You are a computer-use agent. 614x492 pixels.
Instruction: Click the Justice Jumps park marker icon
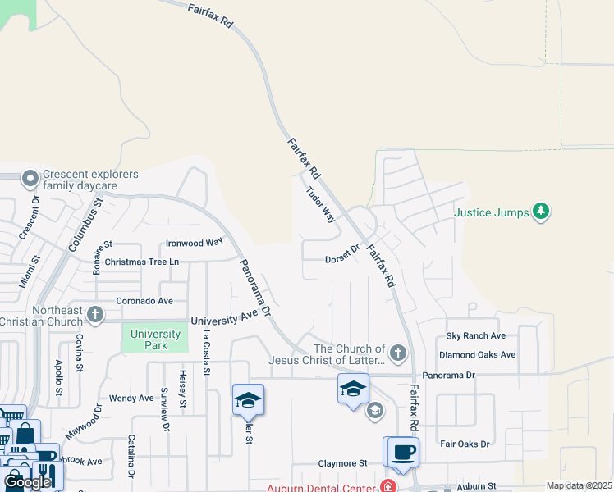[540, 212]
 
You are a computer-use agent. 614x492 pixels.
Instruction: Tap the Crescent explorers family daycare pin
[30, 178]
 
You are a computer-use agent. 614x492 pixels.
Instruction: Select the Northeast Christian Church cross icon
[95, 314]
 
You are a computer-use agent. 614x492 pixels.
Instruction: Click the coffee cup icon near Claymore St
[404, 452]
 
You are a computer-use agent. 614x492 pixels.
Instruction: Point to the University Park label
[155, 339]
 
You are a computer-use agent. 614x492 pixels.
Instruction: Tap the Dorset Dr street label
[342, 254]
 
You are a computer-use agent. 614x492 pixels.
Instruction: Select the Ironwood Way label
[194, 243]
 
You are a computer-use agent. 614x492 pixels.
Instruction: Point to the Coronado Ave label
[144, 301]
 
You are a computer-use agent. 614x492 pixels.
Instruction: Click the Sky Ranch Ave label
[476, 336]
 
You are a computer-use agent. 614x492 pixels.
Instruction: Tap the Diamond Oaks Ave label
[477, 355]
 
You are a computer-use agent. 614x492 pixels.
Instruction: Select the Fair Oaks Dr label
[465, 444]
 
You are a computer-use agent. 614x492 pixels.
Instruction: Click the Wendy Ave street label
[131, 399]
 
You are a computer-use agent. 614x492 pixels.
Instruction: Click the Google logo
[27, 481]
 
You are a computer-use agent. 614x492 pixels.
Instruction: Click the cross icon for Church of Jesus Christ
[398, 353]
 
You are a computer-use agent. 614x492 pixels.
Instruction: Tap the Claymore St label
[342, 463]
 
